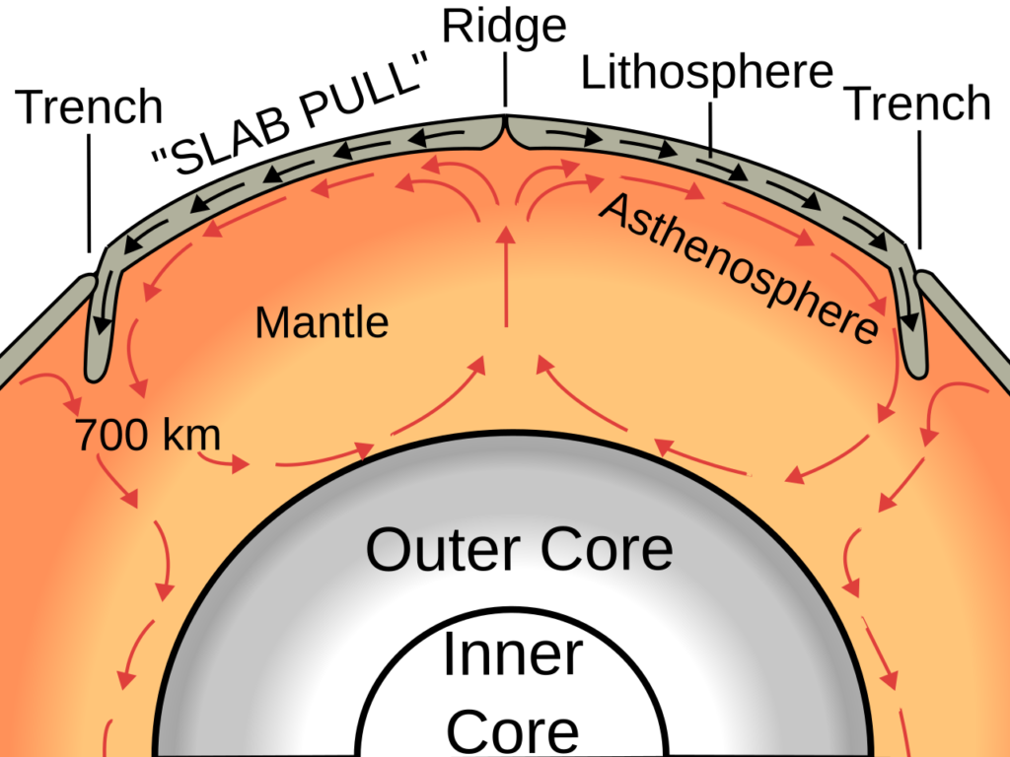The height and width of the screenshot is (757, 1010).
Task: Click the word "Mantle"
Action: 322,322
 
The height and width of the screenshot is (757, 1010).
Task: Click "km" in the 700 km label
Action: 186,435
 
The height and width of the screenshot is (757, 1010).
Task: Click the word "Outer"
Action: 432,549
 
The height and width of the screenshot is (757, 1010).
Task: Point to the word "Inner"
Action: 513,656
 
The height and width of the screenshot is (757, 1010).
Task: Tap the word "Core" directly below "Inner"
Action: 513,730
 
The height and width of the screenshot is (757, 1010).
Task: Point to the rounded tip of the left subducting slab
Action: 96,372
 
